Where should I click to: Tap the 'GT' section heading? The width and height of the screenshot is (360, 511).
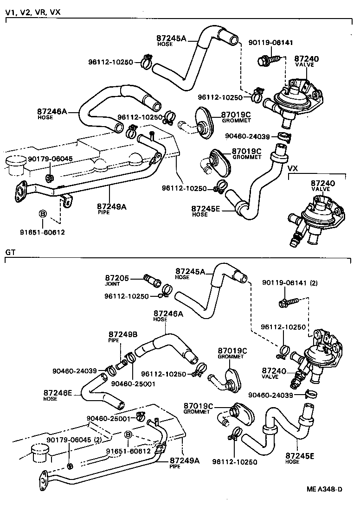click(x=10, y=252)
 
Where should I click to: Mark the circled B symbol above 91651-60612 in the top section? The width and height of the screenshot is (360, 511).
click(x=42, y=214)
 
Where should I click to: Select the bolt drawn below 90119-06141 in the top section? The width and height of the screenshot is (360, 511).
click(x=267, y=59)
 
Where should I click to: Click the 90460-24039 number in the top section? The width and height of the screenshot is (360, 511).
click(x=247, y=136)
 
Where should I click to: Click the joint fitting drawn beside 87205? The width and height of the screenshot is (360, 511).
click(x=152, y=280)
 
